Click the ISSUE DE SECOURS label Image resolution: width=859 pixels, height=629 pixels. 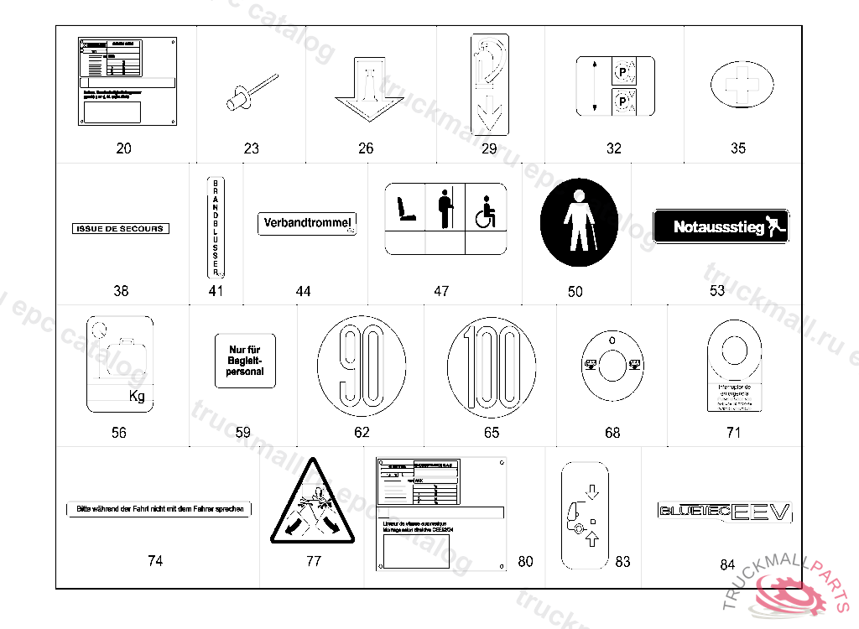[x=121, y=229]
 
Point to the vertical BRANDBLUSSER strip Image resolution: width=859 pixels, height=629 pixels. [x=216, y=226]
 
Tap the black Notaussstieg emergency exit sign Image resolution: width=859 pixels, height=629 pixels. [x=721, y=226]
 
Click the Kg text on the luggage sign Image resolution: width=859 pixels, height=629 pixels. [x=137, y=397]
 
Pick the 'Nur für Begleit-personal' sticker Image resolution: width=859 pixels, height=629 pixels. [x=245, y=361]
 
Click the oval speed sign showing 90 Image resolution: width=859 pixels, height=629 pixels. [x=362, y=364]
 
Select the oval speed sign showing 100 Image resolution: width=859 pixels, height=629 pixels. [x=492, y=365]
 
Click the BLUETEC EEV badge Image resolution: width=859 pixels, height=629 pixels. [x=726, y=512]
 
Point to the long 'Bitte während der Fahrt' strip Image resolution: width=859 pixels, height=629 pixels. [x=159, y=510]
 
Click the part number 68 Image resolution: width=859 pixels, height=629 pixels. [x=612, y=433]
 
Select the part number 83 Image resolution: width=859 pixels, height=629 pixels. [x=622, y=562]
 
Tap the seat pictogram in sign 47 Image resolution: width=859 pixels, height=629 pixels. [x=406, y=210]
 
